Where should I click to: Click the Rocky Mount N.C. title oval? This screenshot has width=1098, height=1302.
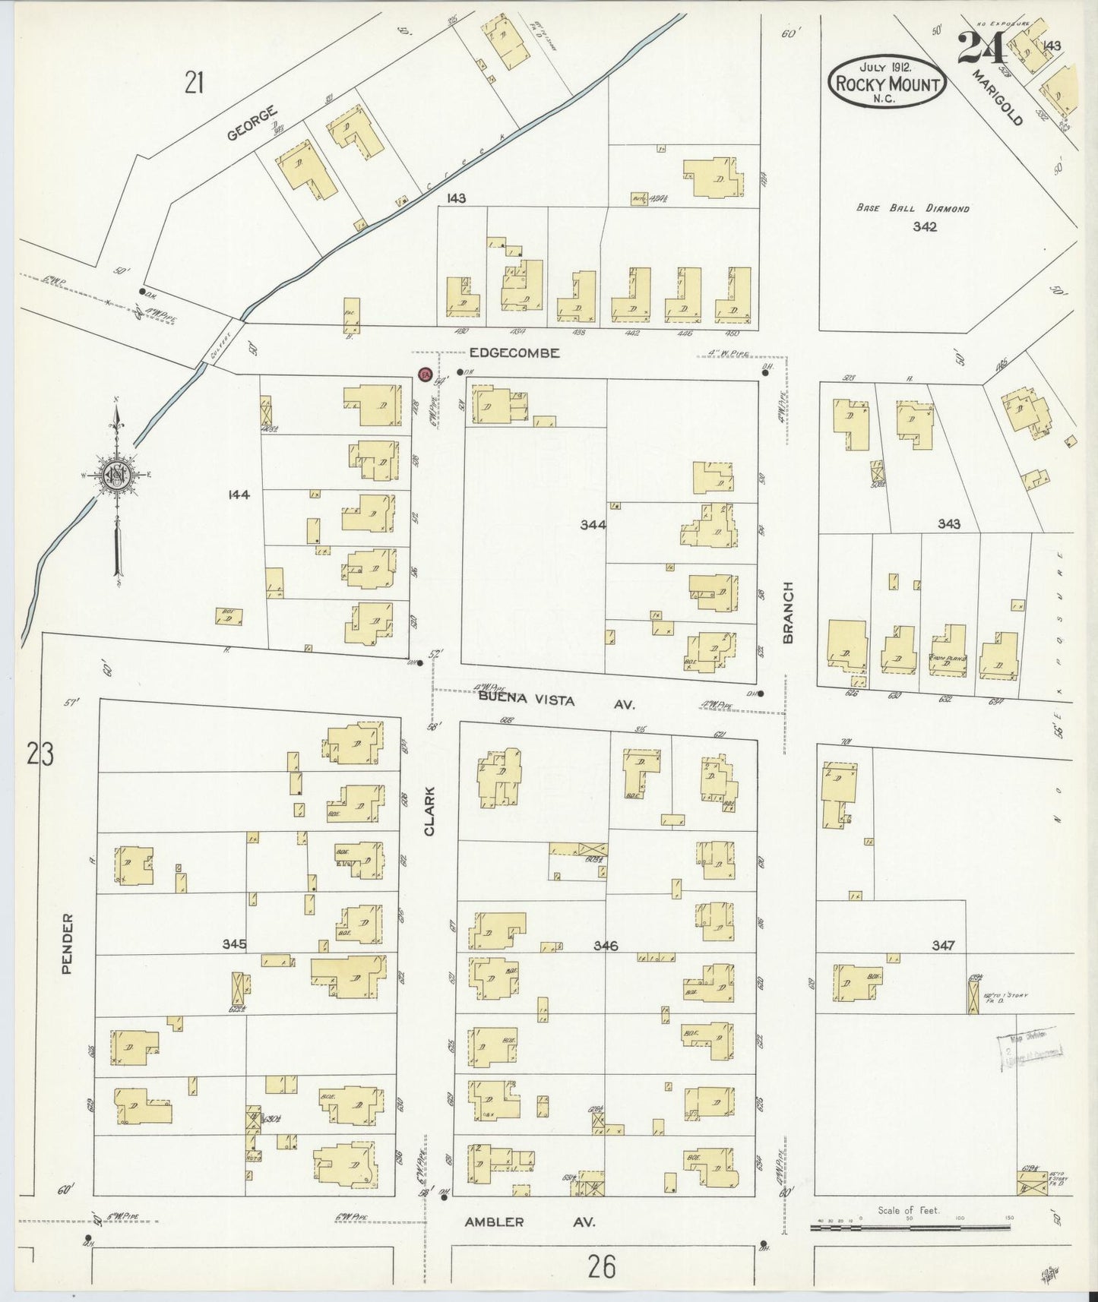[886, 81]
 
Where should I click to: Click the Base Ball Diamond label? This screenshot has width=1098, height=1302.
[913, 208]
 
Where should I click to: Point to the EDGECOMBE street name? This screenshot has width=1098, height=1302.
[514, 353]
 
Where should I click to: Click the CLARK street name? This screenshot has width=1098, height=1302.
[430, 811]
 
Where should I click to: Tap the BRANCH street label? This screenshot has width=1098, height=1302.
[788, 612]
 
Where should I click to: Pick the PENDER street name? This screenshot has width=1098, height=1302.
[68, 943]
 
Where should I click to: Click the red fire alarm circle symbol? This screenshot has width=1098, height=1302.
[426, 374]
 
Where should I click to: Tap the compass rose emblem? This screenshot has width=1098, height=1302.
[117, 476]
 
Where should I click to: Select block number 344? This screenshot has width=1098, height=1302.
[593, 524]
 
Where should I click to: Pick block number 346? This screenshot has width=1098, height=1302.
[606, 946]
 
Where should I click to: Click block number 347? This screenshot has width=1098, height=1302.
[943, 946]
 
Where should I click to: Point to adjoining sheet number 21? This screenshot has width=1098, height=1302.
[194, 82]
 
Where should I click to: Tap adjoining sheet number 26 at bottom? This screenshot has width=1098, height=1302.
[601, 1266]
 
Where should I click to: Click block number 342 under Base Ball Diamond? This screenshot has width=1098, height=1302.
[926, 226]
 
